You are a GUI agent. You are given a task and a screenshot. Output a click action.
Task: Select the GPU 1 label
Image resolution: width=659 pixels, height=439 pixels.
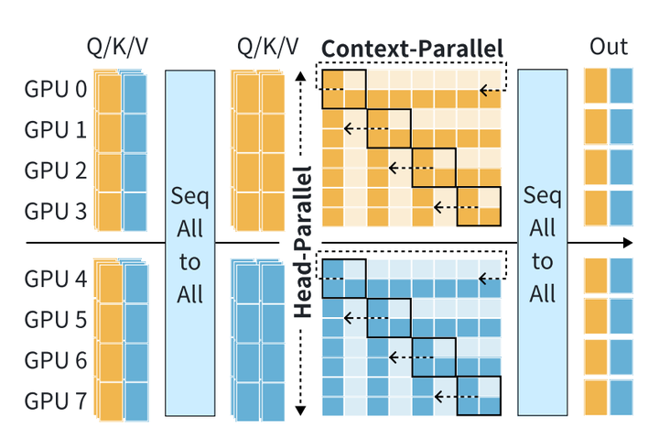point(55,130)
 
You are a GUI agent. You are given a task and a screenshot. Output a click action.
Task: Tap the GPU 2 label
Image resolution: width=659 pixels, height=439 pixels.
point(55,170)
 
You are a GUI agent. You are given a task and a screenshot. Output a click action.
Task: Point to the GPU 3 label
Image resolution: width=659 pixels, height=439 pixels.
point(55,211)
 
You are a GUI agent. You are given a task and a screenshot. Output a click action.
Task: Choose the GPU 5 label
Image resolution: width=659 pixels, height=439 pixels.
point(55,319)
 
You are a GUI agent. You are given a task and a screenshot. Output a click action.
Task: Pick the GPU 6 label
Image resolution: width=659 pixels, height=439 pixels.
point(55,359)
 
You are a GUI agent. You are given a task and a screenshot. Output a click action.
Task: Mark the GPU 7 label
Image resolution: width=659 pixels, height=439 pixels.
point(55,400)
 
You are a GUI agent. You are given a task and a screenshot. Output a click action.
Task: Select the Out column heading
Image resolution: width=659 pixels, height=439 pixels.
point(608,48)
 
